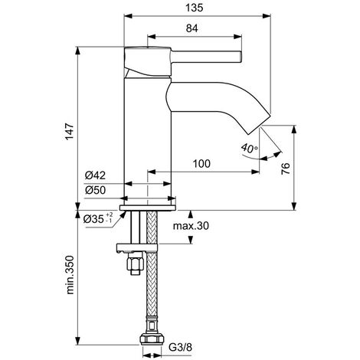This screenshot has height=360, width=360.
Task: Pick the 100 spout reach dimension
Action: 202,163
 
